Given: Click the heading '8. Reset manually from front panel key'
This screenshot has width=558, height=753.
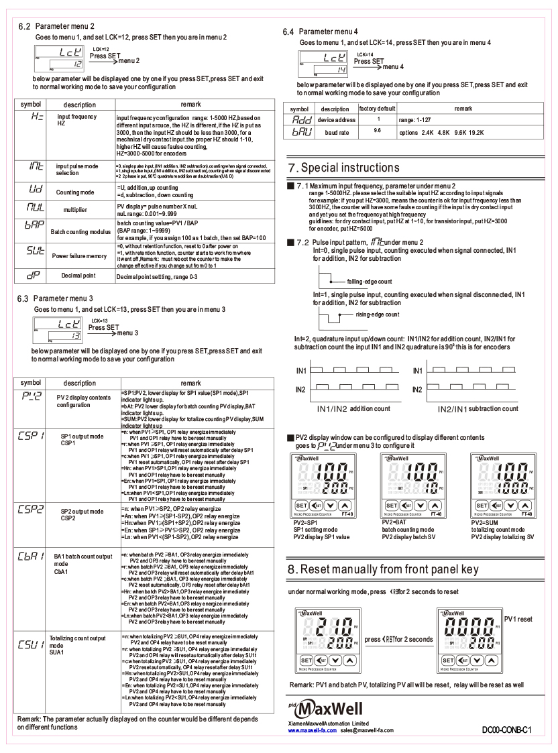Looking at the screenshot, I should [x=382, y=570].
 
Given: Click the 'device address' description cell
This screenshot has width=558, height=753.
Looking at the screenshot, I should [x=335, y=119].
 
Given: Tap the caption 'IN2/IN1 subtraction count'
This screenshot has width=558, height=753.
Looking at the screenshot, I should [x=477, y=408].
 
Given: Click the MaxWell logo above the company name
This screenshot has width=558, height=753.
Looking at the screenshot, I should [x=319, y=707].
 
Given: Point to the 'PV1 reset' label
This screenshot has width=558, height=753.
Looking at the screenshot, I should [x=518, y=619].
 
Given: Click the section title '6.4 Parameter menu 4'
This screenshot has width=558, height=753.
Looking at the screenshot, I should [x=327, y=32].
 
